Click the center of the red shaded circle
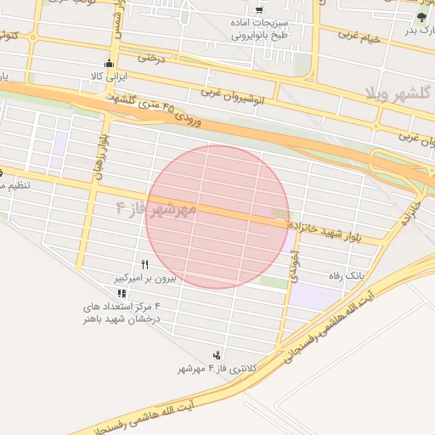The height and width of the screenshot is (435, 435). click(217, 217)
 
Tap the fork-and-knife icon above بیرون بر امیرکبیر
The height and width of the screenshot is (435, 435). click(145, 265)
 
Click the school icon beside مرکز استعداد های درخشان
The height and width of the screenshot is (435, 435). click(123, 293)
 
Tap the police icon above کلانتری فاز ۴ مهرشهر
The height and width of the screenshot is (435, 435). click(217, 355)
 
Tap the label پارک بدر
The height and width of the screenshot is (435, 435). click(419, 30)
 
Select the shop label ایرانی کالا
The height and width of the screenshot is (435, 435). click(110, 76)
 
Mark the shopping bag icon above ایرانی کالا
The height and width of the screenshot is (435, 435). click(109, 64)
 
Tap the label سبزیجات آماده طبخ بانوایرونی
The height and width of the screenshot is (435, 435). click(259, 30)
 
